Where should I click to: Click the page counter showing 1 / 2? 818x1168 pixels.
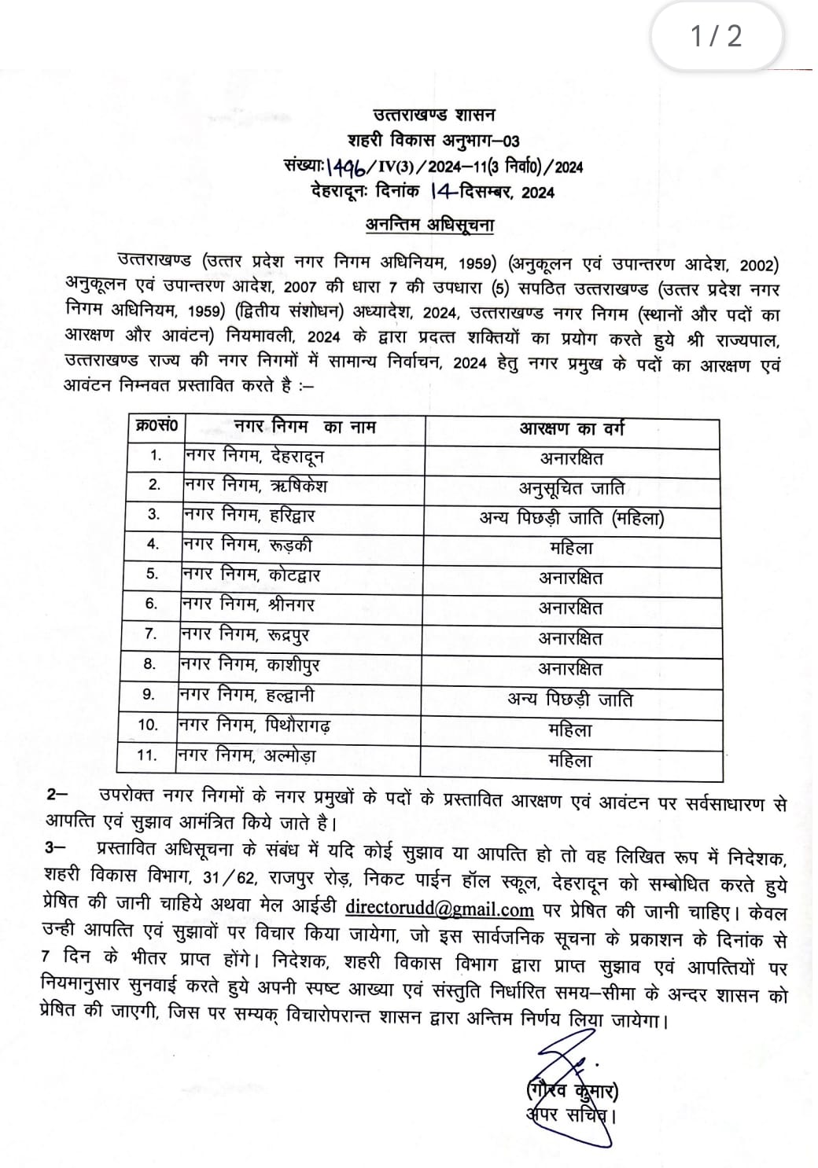pos(716,36)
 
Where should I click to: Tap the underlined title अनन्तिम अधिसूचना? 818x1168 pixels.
pos(429,225)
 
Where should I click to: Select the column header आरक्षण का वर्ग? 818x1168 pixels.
pos(572,428)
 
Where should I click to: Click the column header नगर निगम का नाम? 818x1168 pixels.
pos(305,427)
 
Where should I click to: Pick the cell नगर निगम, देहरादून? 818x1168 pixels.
pos(254,456)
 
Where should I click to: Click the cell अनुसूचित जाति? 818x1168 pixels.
pos(572,488)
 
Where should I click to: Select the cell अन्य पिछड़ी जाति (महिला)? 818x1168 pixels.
pos(572,518)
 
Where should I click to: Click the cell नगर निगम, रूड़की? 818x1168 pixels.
pos(247,545)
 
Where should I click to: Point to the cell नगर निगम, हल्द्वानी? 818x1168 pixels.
pos(247,695)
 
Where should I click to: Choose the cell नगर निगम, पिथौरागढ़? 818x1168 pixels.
pos(254,725)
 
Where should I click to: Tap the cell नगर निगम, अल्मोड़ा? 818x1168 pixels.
pos(247,755)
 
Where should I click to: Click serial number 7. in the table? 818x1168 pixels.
pos(151,634)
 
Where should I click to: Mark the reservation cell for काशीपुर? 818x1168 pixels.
pos(571,669)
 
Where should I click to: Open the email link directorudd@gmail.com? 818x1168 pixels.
pos(440,909)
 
